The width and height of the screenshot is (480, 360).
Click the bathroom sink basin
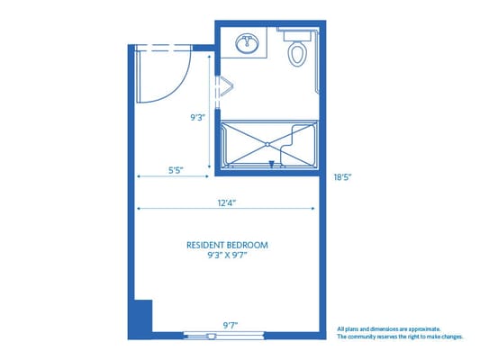[247, 43]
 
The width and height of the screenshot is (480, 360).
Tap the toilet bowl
[297, 54]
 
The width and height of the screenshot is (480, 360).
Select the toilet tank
[297, 36]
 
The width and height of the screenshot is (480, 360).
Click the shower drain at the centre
[267, 144]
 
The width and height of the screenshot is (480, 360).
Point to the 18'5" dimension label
[342, 177]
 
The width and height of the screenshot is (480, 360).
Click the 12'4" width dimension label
[227, 202]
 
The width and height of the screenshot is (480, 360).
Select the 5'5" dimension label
[176, 170]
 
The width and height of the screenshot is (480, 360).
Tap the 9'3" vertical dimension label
[197, 118]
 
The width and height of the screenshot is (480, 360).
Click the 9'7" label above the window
[231, 326]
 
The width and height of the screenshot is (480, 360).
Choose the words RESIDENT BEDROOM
[227, 246]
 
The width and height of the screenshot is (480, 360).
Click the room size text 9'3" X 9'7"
[227, 256]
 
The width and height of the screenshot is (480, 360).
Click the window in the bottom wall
[223, 336]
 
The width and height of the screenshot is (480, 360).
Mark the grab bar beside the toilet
[317, 61]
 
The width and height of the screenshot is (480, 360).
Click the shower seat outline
[289, 146]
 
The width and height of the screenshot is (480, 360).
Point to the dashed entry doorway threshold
[163, 48]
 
